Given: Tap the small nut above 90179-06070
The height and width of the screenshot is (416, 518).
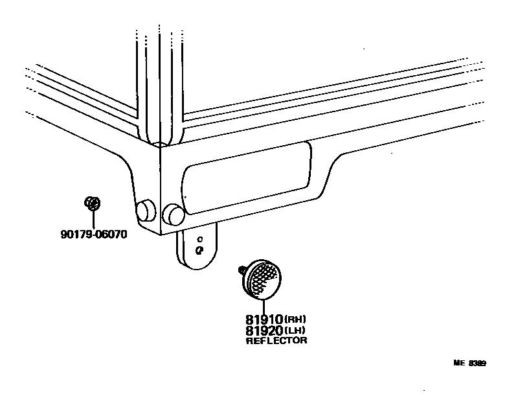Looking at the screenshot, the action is click(x=93, y=203).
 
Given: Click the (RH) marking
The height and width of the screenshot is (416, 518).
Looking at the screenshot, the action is click(x=297, y=319).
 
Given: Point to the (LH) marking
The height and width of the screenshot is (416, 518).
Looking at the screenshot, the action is click(x=296, y=330).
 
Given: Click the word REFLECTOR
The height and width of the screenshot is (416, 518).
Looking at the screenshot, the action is click(x=276, y=340).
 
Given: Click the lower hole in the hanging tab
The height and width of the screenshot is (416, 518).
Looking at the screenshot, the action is click(x=200, y=249).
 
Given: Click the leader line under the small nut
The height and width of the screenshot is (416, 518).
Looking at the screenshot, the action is click(x=93, y=218).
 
